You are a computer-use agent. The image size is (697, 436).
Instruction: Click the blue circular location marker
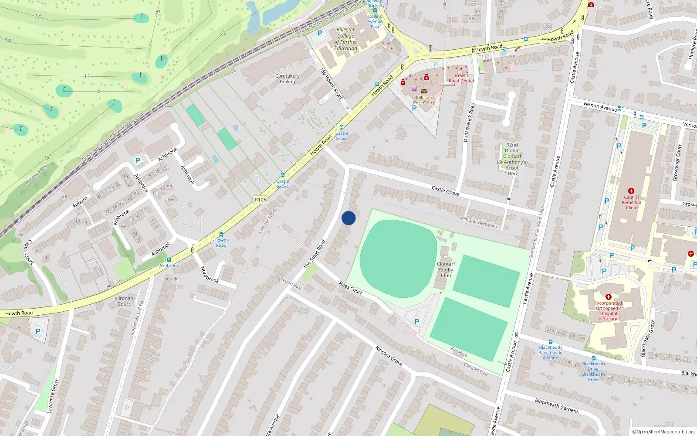[x=348, y=218]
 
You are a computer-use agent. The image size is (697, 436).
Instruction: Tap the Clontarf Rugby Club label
[x=446, y=270]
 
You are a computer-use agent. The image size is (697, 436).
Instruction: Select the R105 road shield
[x=261, y=200]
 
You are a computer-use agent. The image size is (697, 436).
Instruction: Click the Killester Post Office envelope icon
[x=424, y=91]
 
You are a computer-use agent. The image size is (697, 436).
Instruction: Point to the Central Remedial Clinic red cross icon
[x=631, y=191]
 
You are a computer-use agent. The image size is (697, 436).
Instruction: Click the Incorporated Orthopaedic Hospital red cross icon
[x=609, y=297]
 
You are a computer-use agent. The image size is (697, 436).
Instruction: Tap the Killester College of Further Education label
[x=345, y=39]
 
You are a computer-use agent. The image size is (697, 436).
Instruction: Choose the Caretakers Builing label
[x=287, y=79]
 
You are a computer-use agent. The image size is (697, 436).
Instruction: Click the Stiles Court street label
[x=350, y=288]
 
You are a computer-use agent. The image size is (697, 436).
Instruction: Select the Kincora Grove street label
[x=389, y=356]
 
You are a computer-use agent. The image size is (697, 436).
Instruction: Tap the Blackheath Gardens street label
[x=557, y=405]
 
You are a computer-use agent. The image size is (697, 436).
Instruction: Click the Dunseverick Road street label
[x=468, y=122]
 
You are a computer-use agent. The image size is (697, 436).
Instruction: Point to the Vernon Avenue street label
[x=600, y=106]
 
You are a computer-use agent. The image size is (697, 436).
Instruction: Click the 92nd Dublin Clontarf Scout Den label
[x=512, y=159]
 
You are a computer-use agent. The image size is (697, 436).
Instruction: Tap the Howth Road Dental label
[x=461, y=78]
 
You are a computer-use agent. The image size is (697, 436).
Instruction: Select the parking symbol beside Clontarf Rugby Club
[x=417, y=322]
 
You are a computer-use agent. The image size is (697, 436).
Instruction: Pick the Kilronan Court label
[x=124, y=301]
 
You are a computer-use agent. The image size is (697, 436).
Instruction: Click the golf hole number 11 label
[x=87, y=76]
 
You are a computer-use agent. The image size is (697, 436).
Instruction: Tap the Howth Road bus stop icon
[x=221, y=235]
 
